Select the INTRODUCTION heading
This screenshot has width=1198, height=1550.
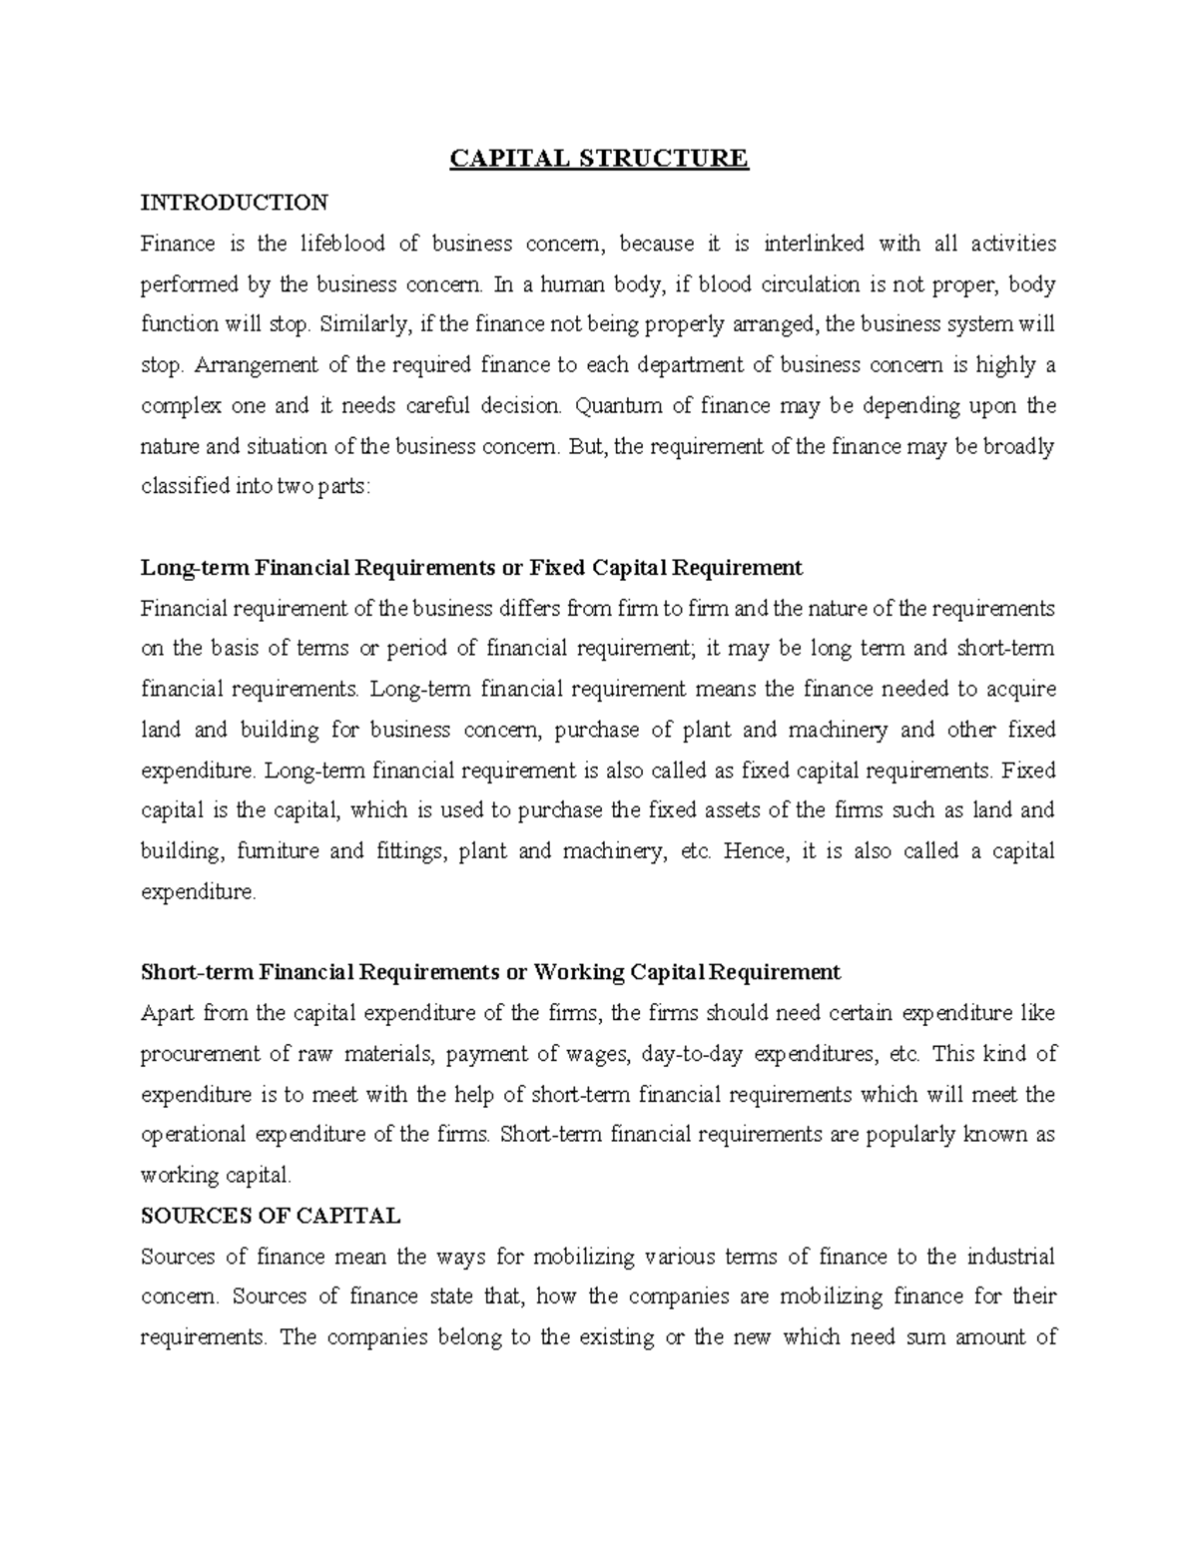click(234, 203)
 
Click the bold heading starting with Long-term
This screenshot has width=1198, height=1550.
click(471, 568)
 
